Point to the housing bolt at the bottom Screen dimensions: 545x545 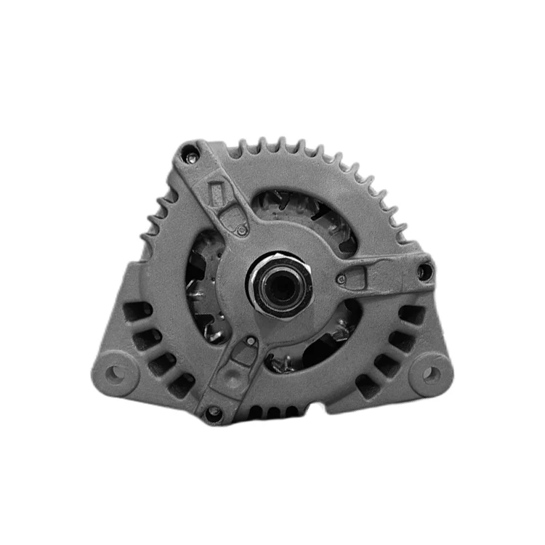tap(213, 413)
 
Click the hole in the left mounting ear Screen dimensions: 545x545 tap(114, 374)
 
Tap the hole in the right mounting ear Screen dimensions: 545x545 tap(431, 374)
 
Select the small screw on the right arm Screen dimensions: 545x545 tap(342, 278)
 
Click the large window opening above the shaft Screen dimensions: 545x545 tap(305, 211)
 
